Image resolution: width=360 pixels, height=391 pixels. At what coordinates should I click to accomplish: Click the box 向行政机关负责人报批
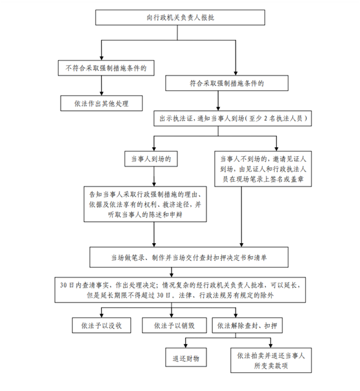[180, 17]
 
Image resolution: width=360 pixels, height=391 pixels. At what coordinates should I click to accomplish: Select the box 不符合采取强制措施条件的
[106, 68]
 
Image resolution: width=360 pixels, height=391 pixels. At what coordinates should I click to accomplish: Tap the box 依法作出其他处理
[101, 103]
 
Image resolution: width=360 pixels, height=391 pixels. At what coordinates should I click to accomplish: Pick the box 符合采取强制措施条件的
[227, 83]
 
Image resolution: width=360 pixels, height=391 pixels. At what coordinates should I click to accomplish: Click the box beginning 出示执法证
[233, 118]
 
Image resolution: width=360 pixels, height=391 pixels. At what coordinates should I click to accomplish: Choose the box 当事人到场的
[151, 159]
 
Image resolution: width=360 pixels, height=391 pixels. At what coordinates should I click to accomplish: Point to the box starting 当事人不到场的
[263, 169]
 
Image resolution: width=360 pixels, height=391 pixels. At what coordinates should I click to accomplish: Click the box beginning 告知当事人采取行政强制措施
[145, 204]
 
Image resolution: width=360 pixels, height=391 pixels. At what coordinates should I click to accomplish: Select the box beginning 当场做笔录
[189, 257]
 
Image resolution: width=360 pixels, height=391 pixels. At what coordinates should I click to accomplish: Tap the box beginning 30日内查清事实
[180, 290]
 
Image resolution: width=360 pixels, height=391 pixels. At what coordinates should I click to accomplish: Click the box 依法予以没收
[101, 325]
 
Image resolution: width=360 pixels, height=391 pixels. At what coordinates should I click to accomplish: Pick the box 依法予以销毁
[174, 325]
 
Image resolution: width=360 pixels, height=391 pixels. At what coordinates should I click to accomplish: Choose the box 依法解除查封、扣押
[247, 325]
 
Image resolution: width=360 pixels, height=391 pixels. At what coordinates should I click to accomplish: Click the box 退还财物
[186, 357]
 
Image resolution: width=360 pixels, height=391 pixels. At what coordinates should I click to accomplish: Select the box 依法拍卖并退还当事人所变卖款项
[271, 360]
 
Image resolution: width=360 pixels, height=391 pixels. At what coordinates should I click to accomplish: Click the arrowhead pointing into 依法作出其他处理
[101, 94]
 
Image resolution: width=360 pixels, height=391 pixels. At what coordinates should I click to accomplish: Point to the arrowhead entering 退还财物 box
[186, 346]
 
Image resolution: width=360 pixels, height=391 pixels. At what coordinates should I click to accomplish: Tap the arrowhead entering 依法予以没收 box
[101, 316]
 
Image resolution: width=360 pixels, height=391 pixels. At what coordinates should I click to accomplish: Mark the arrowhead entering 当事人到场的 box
[154, 149]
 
